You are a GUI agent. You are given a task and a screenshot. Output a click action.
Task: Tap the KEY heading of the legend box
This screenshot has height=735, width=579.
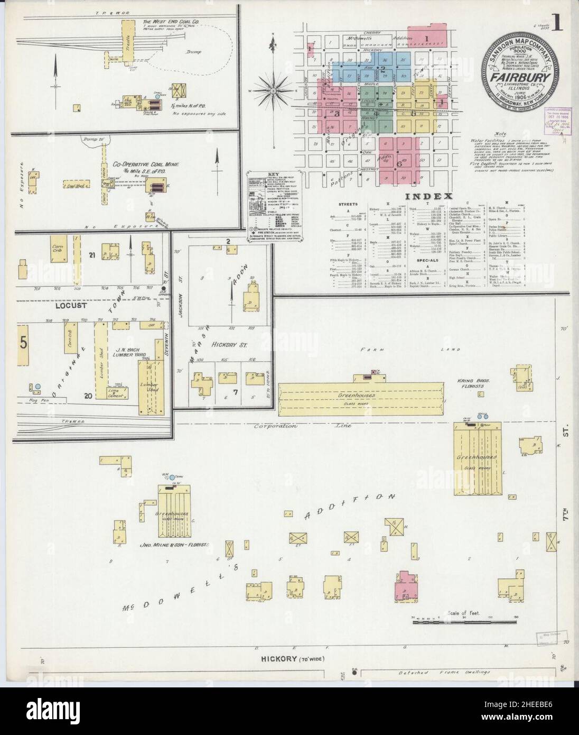(x=273, y=174)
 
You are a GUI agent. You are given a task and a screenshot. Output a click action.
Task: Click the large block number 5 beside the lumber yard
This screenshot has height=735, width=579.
(x=23, y=343)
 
